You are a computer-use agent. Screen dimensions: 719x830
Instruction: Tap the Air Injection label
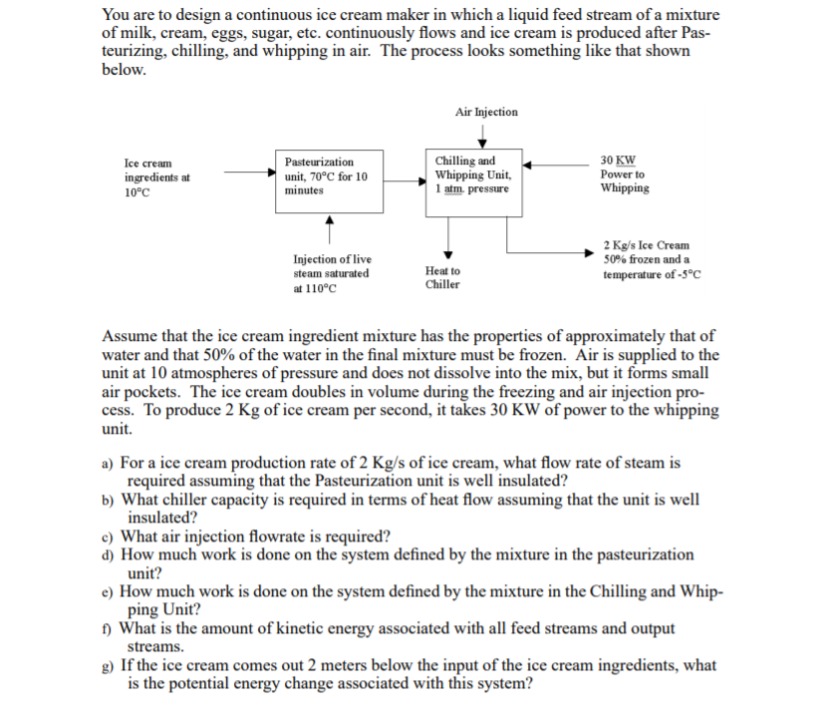pyautogui.click(x=486, y=112)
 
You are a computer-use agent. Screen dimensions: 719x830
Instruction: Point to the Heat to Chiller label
pyautogui.click(x=442, y=277)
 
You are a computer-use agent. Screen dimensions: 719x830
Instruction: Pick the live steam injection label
pyautogui.click(x=331, y=273)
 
